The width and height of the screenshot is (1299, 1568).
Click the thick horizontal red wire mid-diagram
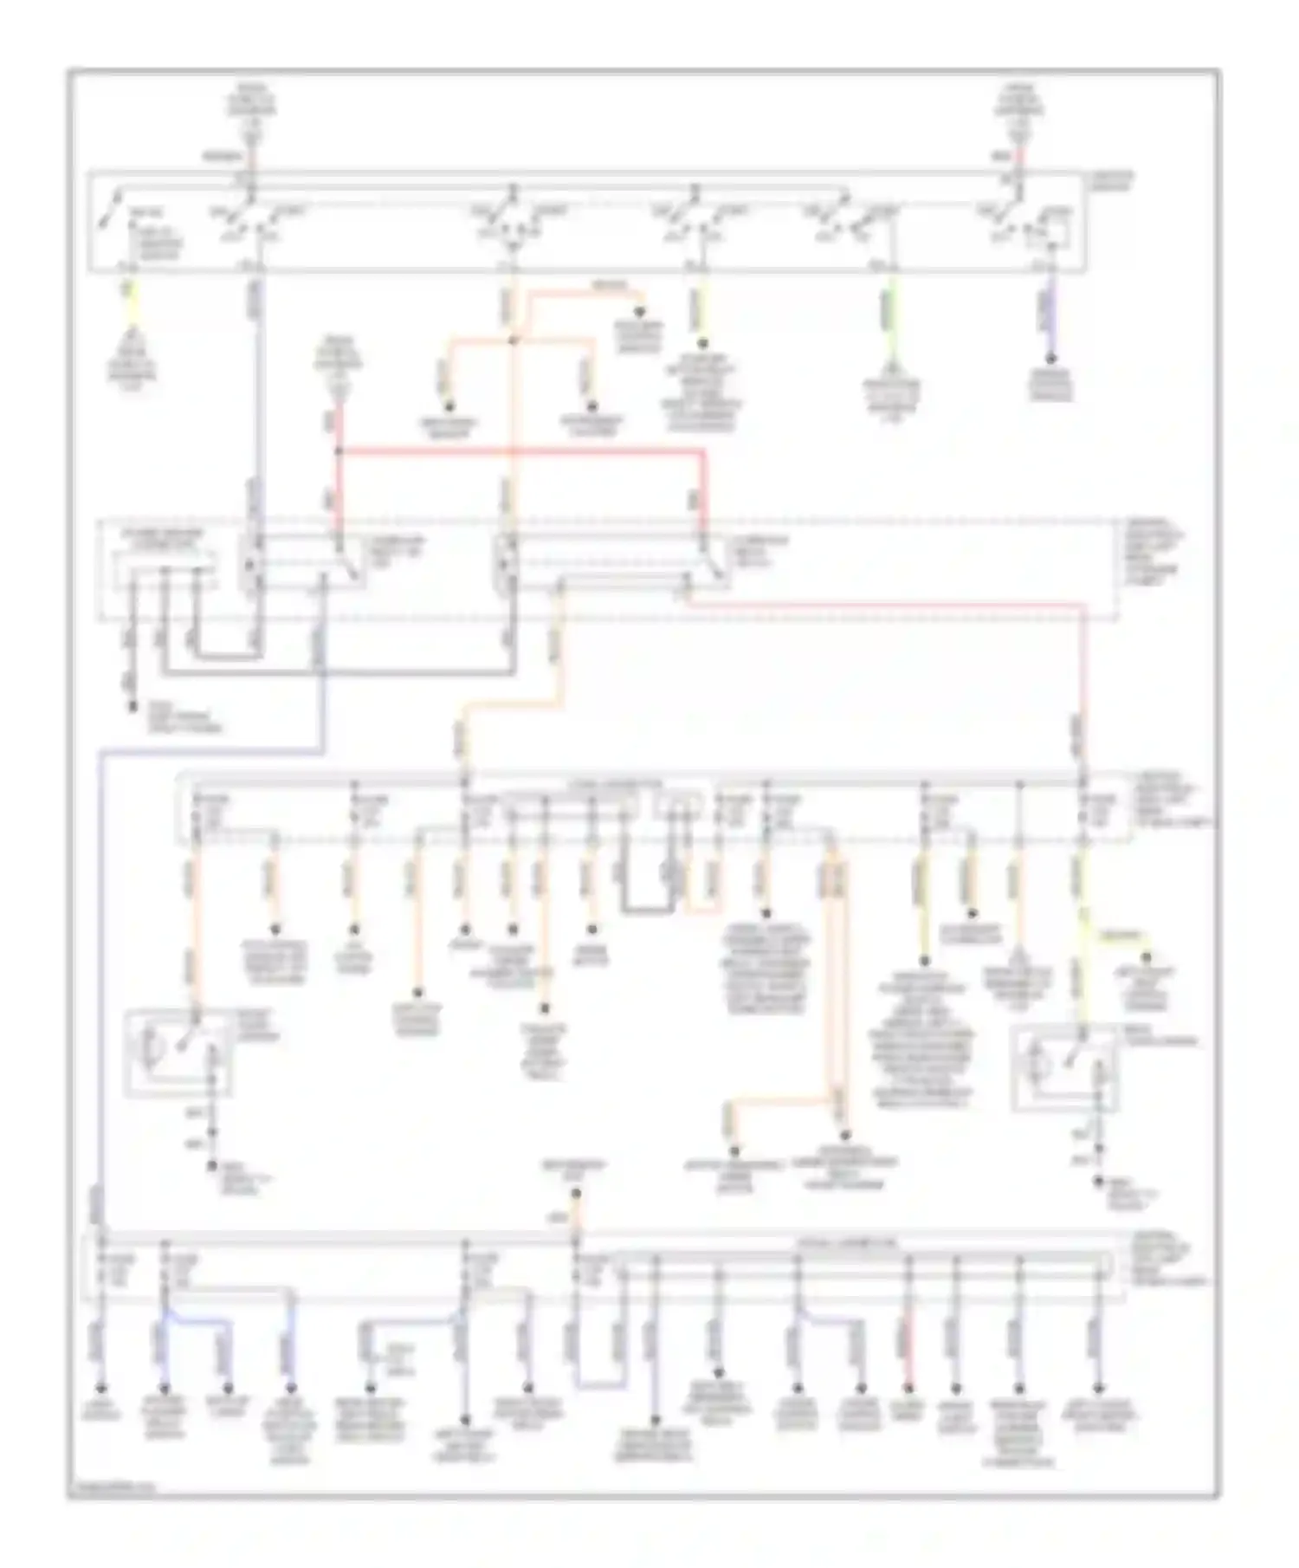coord(520,451)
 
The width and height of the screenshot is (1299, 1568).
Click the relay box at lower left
coord(178,1052)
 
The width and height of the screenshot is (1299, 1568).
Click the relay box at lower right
coord(1065,1067)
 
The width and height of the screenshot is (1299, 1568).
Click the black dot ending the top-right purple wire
coord(1050,358)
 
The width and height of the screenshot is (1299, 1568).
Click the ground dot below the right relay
coord(1099,1180)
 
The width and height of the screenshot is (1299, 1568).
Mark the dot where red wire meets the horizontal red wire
coord(339,451)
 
